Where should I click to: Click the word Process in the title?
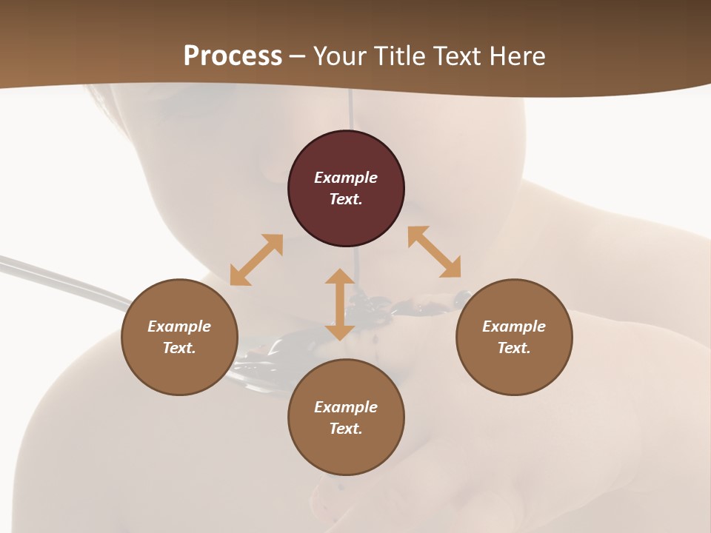pos(233,56)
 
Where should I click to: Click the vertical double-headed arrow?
pos(340,304)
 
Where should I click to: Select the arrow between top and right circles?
pos(435,252)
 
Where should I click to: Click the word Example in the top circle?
pos(346,178)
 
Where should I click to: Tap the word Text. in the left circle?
pos(179,348)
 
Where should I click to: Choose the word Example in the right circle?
pos(514,326)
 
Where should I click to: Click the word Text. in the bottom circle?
pos(346,429)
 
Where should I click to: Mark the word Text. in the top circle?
pos(346,199)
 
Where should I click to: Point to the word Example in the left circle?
pos(179,326)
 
